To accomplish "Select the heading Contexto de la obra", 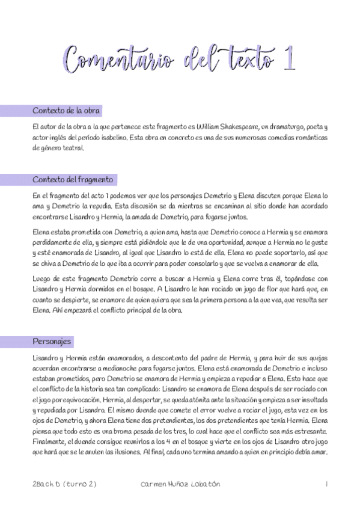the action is (x=66, y=111).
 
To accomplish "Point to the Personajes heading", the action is (x=52, y=342).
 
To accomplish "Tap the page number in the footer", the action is (x=325, y=484).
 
